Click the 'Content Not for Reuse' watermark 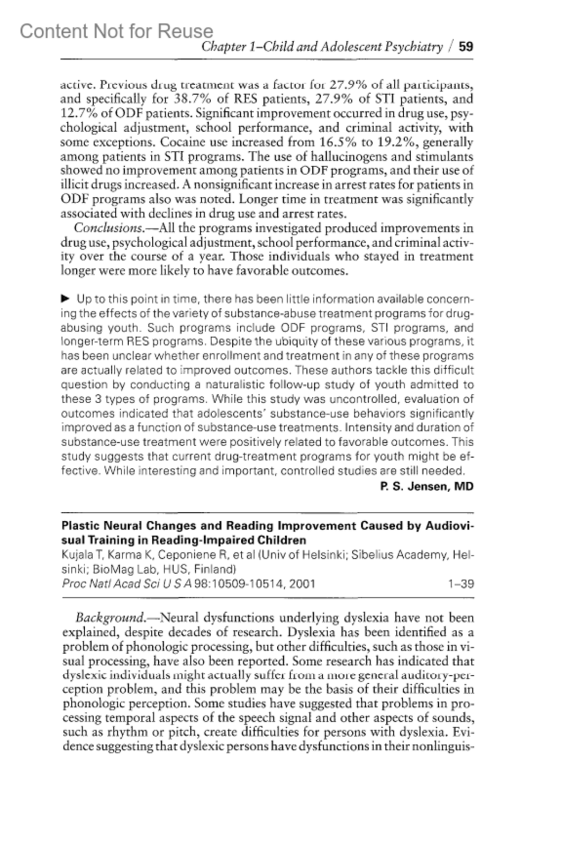pos(116,31)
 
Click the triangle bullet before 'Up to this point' pos(66,299)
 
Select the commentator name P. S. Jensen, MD pos(427,487)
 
